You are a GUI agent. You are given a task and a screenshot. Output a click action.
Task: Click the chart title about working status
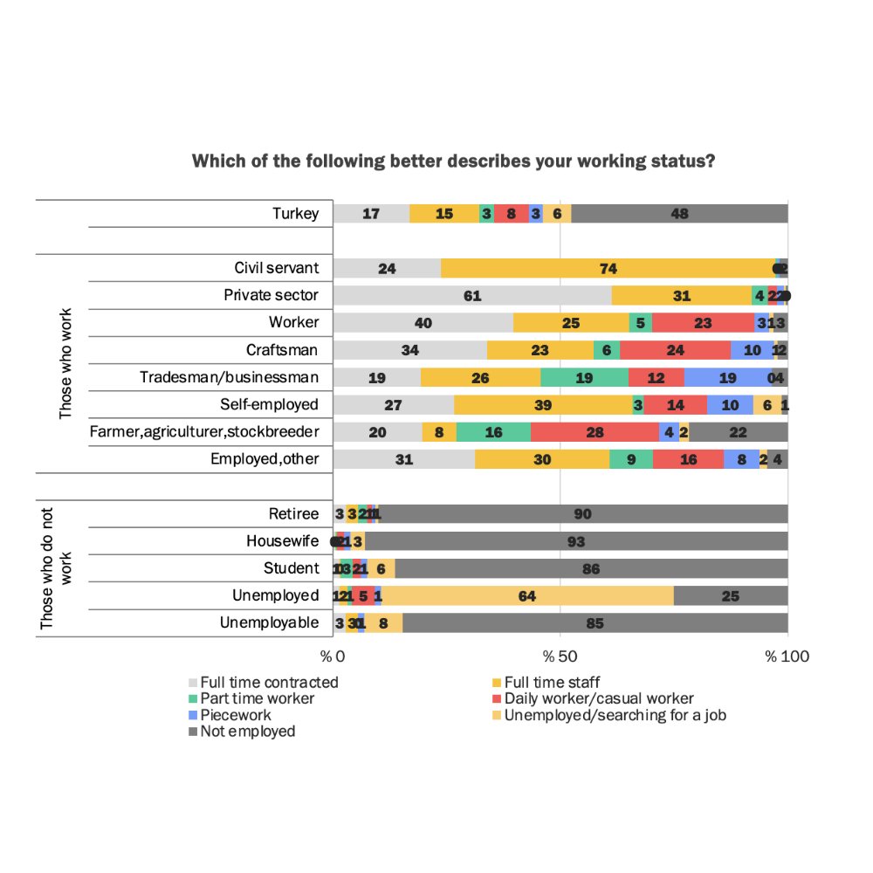click(454, 162)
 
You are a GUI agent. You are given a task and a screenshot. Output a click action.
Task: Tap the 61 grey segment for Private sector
click(472, 295)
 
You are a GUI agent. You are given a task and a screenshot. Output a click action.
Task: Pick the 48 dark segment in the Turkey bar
click(679, 214)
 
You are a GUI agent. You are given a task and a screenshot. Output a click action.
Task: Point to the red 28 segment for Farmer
click(595, 432)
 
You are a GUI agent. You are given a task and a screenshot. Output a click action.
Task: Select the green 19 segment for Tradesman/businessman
click(584, 377)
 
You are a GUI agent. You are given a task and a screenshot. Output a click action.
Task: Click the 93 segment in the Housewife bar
click(576, 541)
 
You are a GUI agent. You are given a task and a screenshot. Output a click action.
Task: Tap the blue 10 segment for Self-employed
click(730, 405)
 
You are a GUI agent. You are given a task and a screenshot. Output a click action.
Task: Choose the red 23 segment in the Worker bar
click(703, 323)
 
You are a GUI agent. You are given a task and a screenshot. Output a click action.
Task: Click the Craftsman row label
click(282, 350)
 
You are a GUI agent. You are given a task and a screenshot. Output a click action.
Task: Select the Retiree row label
click(293, 514)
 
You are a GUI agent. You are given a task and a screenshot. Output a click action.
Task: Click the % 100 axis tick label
click(787, 656)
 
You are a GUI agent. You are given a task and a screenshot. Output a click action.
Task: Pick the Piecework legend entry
click(236, 715)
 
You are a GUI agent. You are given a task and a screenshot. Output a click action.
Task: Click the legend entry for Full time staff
click(546, 682)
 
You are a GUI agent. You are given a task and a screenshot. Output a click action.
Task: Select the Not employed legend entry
click(247, 732)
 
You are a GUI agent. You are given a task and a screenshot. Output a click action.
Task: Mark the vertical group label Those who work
click(65, 363)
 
